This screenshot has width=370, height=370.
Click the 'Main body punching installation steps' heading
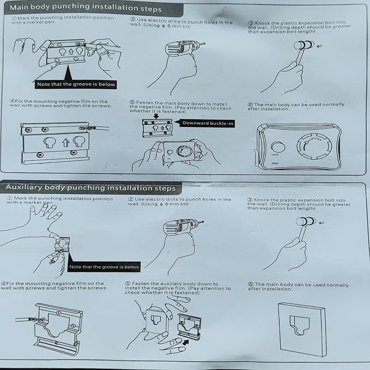[x=86, y=8]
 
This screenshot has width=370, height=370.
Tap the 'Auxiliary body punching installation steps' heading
[x=90, y=187]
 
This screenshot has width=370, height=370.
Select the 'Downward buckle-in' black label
[x=208, y=123]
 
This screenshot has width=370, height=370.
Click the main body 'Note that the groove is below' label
[x=76, y=84]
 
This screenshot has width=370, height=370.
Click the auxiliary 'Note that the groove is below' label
[x=104, y=267]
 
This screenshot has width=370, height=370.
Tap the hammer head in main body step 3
[x=304, y=45]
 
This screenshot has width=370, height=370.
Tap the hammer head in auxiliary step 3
[x=306, y=222]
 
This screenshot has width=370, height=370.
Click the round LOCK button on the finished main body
[x=278, y=147]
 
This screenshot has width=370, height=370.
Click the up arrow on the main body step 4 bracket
[x=65, y=143]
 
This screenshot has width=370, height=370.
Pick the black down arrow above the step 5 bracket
[x=156, y=116]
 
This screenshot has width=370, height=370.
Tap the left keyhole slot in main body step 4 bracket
[x=50, y=142]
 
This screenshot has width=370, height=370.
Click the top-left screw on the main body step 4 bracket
[x=28, y=130]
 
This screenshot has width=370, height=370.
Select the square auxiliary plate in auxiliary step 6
[x=302, y=329]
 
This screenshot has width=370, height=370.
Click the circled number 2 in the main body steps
[x=133, y=20]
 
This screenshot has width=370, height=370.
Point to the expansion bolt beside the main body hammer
[x=319, y=46]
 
